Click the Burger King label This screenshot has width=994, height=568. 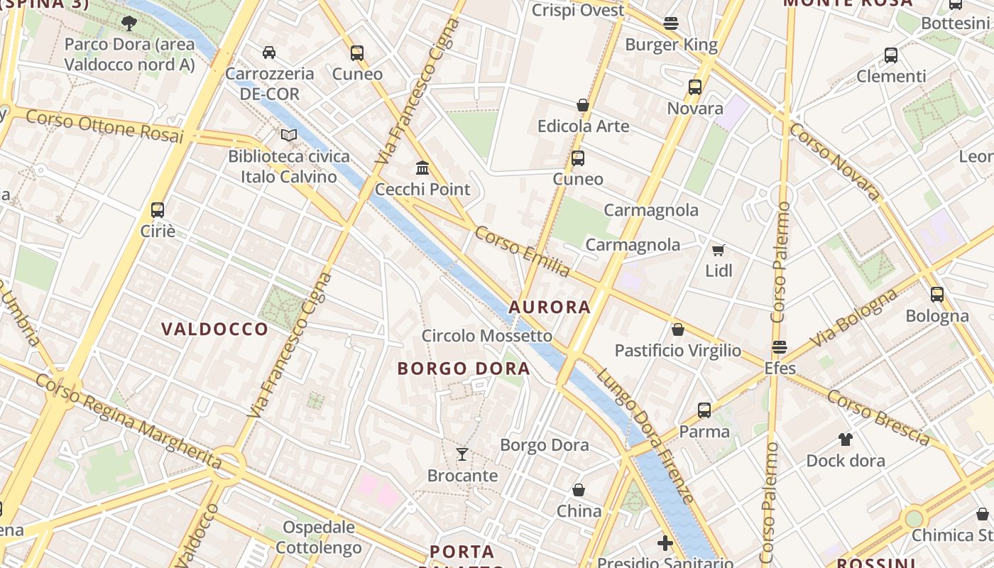pyautogui.click(x=671, y=45)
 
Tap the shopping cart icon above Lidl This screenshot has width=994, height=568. pyautogui.click(x=718, y=250)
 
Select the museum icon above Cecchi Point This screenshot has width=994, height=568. pyautogui.click(x=422, y=168)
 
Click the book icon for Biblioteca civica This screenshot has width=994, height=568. pyautogui.click(x=288, y=135)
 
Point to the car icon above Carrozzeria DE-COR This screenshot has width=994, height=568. pyautogui.click(x=269, y=52)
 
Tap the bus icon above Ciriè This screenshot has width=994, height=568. pyautogui.click(x=158, y=210)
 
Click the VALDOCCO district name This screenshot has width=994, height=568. pyautogui.click(x=214, y=329)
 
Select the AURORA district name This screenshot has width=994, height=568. pyautogui.click(x=550, y=307)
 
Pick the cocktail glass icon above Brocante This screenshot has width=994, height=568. pyautogui.click(x=462, y=454)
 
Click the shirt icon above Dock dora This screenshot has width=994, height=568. pyautogui.click(x=845, y=439)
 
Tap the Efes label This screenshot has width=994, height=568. pyautogui.click(x=780, y=368)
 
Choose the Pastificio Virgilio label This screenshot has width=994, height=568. pyautogui.click(x=677, y=351)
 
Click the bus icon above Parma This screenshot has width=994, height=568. pyautogui.click(x=704, y=410)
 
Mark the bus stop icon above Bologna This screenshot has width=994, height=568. pyautogui.click(x=936, y=295)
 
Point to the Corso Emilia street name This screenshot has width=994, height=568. pyautogui.click(x=523, y=252)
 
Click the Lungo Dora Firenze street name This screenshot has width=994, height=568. pyautogui.click(x=645, y=435)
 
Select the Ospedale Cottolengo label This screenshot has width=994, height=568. pyautogui.click(x=319, y=537)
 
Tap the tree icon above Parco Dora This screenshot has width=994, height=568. pyautogui.click(x=129, y=23)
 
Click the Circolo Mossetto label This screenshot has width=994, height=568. pyautogui.click(x=486, y=335)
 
